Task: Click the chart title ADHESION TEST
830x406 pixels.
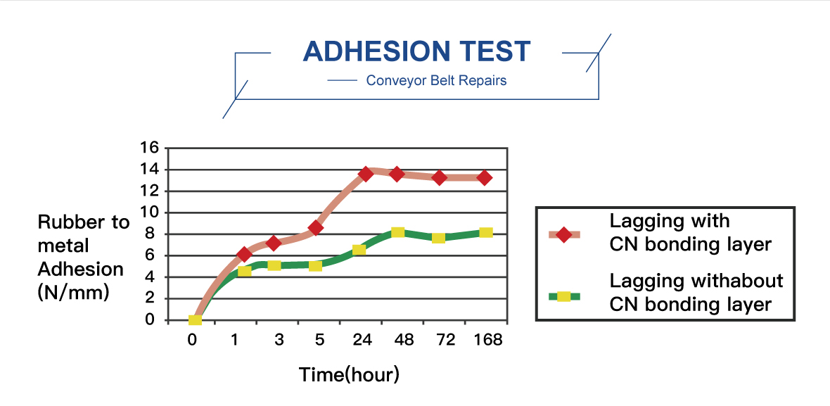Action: click(x=416, y=51)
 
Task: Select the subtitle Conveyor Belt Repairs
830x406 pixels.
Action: click(x=436, y=80)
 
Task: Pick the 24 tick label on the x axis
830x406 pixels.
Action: click(x=362, y=339)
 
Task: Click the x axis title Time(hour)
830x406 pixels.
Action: click(x=349, y=374)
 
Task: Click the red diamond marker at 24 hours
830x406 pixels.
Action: click(x=366, y=173)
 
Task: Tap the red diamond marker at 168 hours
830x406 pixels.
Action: click(x=485, y=177)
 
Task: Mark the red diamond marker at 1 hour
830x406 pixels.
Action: click(x=244, y=255)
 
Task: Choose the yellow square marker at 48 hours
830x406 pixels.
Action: click(x=398, y=232)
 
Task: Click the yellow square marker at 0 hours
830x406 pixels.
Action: click(x=196, y=320)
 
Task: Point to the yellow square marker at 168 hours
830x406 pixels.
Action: click(x=485, y=232)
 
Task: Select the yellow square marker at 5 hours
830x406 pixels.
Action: click(x=316, y=265)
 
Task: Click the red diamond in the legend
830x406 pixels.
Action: click(x=563, y=234)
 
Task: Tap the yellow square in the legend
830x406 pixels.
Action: click(x=563, y=296)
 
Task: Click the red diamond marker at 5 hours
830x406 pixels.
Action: click(x=316, y=227)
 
